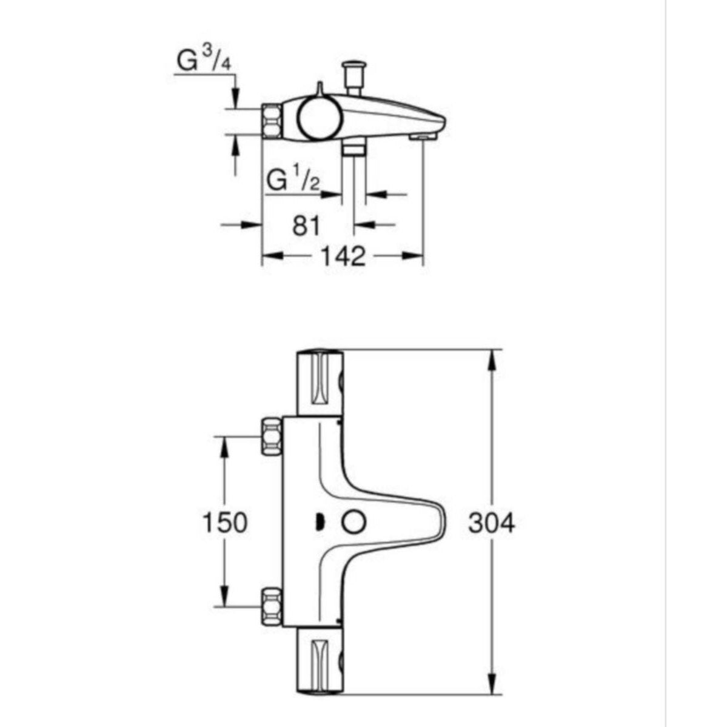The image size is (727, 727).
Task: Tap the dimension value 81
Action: (306, 226)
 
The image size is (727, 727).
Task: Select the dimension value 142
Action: (343, 256)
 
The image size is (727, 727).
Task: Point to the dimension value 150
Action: (225, 523)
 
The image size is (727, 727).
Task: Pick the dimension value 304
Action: (492, 523)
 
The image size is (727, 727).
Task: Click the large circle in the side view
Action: (320, 118)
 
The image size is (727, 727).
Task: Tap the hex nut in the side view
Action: (272, 121)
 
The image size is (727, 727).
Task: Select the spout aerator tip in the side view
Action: (423, 136)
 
